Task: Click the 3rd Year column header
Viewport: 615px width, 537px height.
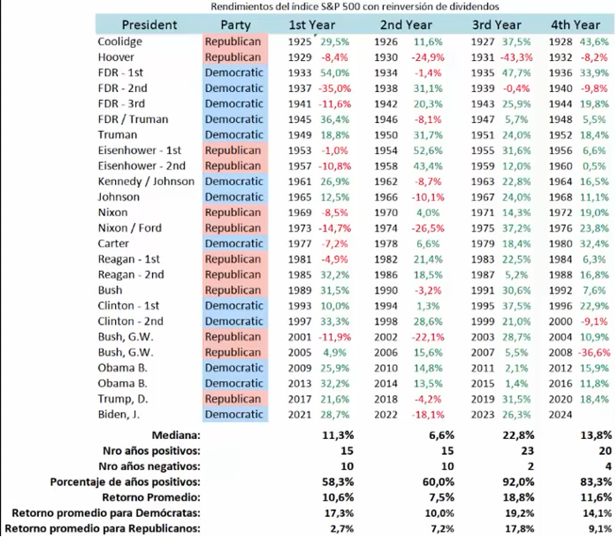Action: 497,25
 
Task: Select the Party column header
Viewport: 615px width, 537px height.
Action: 235,25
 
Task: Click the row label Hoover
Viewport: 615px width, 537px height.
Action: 116,57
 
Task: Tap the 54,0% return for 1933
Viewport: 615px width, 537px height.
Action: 334,72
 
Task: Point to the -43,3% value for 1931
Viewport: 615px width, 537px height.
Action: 516,57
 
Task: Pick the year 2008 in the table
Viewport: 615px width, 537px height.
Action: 561,352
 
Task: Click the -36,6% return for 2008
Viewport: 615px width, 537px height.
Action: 594,352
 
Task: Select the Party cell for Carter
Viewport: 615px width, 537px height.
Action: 234,244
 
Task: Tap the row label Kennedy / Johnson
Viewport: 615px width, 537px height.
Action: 147,181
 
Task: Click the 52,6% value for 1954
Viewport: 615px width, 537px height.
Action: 428,150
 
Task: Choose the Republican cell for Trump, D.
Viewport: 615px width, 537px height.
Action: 233,399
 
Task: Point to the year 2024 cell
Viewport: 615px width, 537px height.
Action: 561,414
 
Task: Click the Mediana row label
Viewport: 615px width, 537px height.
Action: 176,435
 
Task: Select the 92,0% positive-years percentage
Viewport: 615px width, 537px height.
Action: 518,482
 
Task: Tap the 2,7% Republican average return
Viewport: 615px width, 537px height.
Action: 342,528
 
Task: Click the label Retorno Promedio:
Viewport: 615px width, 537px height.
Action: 151,497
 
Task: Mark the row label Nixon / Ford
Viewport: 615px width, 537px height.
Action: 130,228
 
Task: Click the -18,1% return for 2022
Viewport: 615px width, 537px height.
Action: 428,414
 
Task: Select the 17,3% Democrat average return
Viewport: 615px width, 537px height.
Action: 338,513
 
